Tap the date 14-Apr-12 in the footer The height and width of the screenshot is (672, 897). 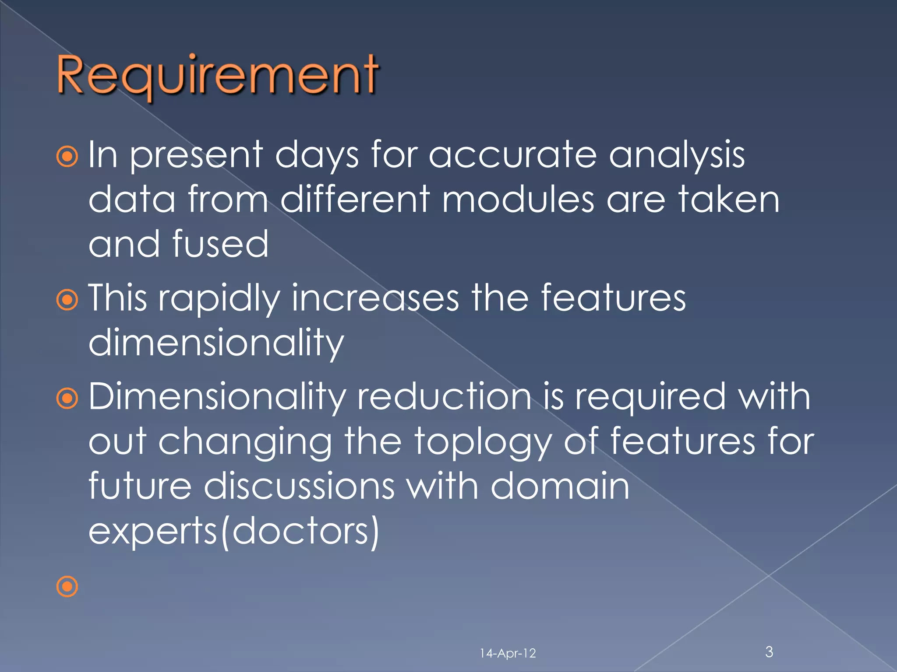[x=508, y=654]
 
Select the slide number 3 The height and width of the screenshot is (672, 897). [x=769, y=651]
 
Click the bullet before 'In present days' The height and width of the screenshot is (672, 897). [x=67, y=157]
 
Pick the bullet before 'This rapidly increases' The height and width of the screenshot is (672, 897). [x=67, y=300]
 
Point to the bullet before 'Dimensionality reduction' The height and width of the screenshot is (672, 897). [x=67, y=398]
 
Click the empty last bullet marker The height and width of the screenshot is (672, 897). [x=67, y=586]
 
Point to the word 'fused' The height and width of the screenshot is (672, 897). [x=220, y=245]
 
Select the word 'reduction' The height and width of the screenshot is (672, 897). [x=444, y=397]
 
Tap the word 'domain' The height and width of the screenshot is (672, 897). [x=560, y=486]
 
